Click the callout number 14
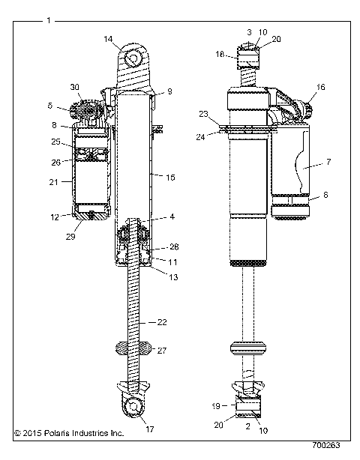click(109, 38)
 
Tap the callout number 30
click(75, 87)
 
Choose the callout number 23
click(204, 115)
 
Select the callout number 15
click(169, 178)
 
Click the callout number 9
click(169, 91)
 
